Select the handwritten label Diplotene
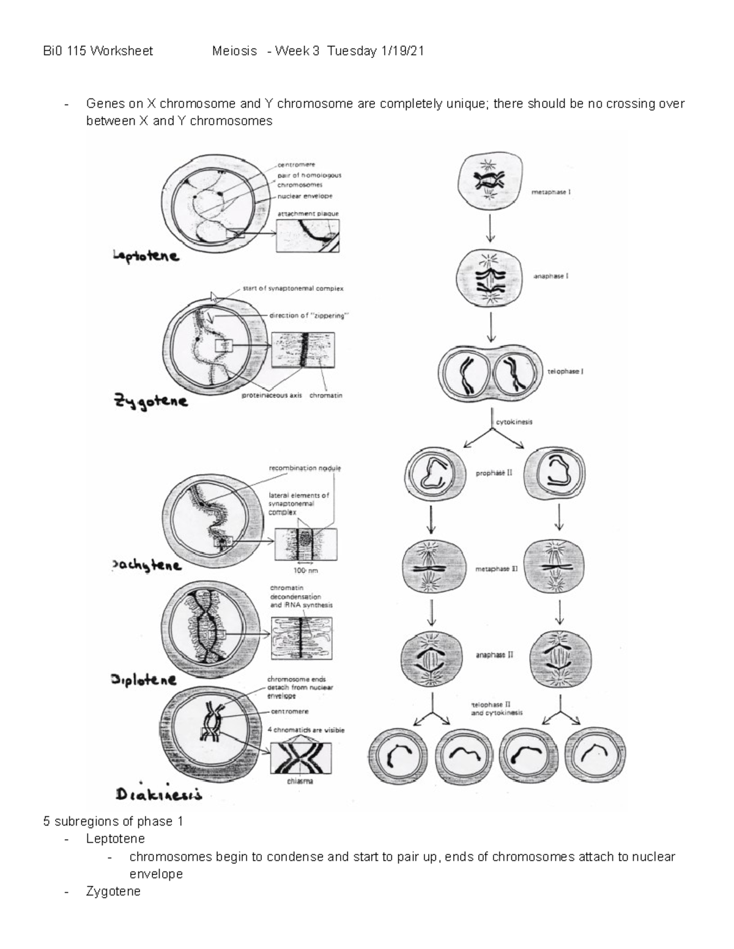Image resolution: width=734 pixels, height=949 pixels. [144, 680]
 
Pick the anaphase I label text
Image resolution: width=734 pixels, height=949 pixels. [550, 276]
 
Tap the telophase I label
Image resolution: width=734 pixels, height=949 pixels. [565, 372]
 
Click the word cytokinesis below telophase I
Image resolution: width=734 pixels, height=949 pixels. [514, 422]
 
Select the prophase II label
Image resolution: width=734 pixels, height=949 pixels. [494, 473]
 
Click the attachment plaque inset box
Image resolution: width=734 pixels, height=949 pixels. [308, 236]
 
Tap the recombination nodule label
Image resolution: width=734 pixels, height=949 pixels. [305, 468]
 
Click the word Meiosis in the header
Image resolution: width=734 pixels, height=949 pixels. [234, 51]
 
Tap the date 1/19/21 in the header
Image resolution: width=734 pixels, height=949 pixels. [402, 51]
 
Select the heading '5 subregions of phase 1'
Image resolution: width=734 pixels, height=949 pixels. [113, 821]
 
